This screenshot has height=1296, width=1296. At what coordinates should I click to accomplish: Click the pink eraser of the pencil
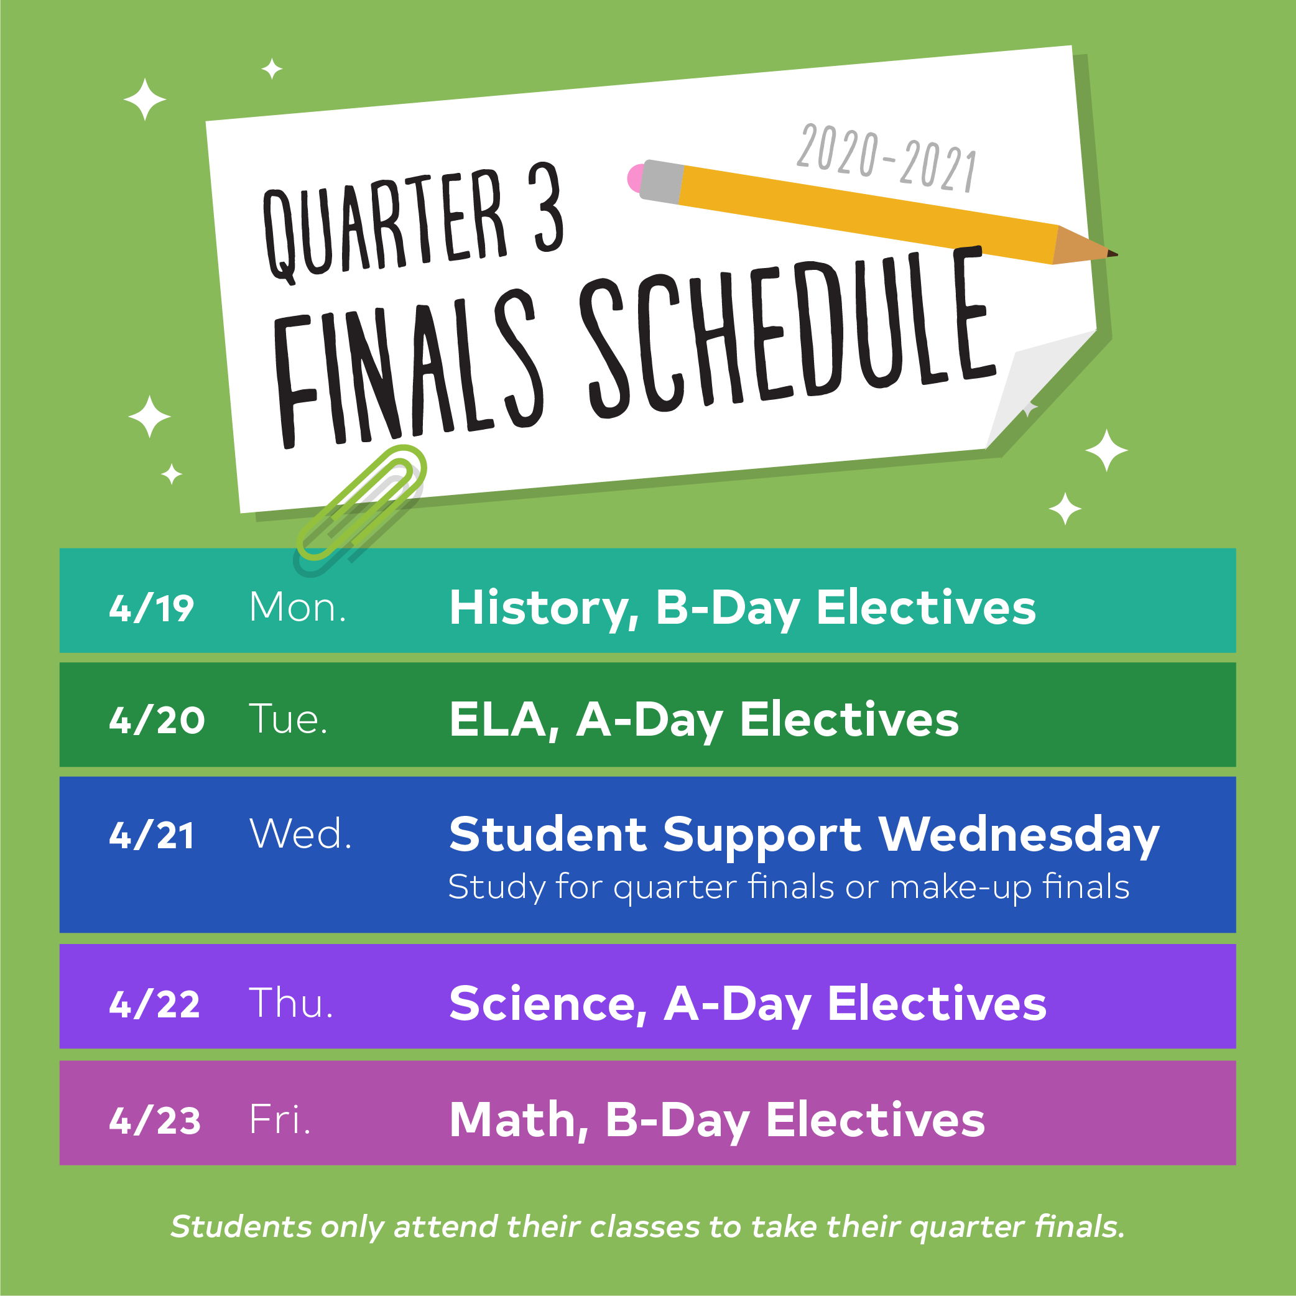(x=634, y=178)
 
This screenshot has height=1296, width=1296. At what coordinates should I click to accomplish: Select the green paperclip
(x=360, y=502)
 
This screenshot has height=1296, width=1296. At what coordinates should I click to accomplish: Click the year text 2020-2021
(x=887, y=159)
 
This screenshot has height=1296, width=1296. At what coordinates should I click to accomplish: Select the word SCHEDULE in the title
(x=787, y=331)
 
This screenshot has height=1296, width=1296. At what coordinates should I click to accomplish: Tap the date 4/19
(x=152, y=608)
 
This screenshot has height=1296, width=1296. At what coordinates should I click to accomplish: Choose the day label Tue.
(x=289, y=719)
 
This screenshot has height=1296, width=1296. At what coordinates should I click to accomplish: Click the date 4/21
(x=152, y=835)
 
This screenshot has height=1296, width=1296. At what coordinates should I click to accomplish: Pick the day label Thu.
(x=291, y=1004)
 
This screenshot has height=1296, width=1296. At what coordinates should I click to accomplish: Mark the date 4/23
(x=155, y=1120)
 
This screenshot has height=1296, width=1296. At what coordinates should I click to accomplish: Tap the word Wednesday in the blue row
(x=1019, y=836)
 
